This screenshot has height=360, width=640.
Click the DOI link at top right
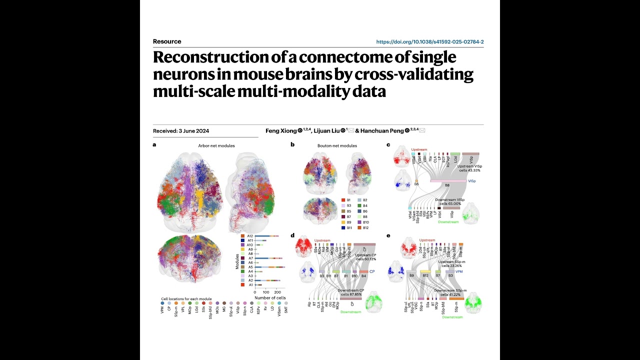[429, 42]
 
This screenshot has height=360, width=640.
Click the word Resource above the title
[167, 41]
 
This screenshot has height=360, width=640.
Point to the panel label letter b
[292, 145]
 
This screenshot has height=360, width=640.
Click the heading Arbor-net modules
[216, 146]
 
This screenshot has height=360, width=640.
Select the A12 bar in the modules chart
[265, 235]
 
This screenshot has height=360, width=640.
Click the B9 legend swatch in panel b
[343, 222]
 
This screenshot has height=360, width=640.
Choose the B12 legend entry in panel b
[363, 228]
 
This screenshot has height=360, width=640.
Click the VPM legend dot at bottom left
[162, 303]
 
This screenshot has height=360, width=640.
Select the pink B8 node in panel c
[447, 181]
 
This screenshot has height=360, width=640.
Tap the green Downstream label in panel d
[350, 312]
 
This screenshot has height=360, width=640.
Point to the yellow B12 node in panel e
[425, 272]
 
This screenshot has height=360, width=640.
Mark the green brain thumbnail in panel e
[473, 302]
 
